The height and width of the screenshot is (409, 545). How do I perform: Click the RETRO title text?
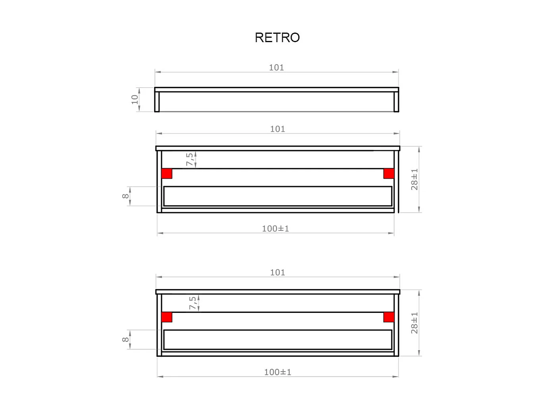[x=277, y=37]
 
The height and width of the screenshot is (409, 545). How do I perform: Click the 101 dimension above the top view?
[x=276, y=68]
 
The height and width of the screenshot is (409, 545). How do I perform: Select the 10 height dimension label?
[x=135, y=99]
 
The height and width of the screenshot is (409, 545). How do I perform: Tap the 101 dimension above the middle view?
[x=277, y=129]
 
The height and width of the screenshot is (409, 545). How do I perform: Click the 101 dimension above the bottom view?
[x=277, y=272]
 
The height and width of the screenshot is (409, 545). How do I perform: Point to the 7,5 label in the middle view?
[x=190, y=159]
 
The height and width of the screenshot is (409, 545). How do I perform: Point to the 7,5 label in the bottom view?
[x=193, y=303]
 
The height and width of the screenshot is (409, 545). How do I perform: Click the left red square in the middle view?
[x=167, y=173]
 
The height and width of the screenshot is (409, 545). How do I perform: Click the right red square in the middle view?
[x=389, y=173]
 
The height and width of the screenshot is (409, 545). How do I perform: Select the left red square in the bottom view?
[x=167, y=317]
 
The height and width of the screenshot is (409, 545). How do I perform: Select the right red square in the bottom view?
[x=389, y=317]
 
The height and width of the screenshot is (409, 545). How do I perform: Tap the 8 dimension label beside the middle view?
[x=125, y=196]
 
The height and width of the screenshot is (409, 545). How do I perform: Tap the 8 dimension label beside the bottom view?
[x=125, y=339]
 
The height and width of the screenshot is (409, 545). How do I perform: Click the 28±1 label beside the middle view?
[x=414, y=179]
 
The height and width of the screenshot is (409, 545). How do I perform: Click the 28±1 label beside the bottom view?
[x=414, y=323]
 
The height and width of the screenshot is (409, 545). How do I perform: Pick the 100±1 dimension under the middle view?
[x=275, y=229]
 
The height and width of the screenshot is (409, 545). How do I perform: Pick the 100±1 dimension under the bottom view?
[x=277, y=372]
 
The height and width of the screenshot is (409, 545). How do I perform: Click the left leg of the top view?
[x=157, y=102]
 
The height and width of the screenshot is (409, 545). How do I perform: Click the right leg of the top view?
[x=396, y=102]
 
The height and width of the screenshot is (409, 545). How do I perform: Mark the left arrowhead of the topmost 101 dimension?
[x=158, y=72]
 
